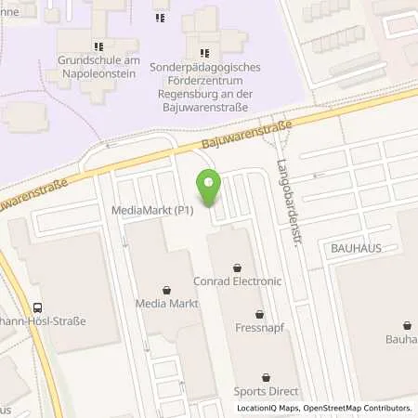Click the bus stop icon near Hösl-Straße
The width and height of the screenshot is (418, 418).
point(37,307)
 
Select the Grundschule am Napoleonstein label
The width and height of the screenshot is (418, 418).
point(98,66)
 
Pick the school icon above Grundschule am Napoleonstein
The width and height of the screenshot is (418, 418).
point(98,46)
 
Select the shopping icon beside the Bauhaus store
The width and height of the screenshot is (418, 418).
point(407,325)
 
